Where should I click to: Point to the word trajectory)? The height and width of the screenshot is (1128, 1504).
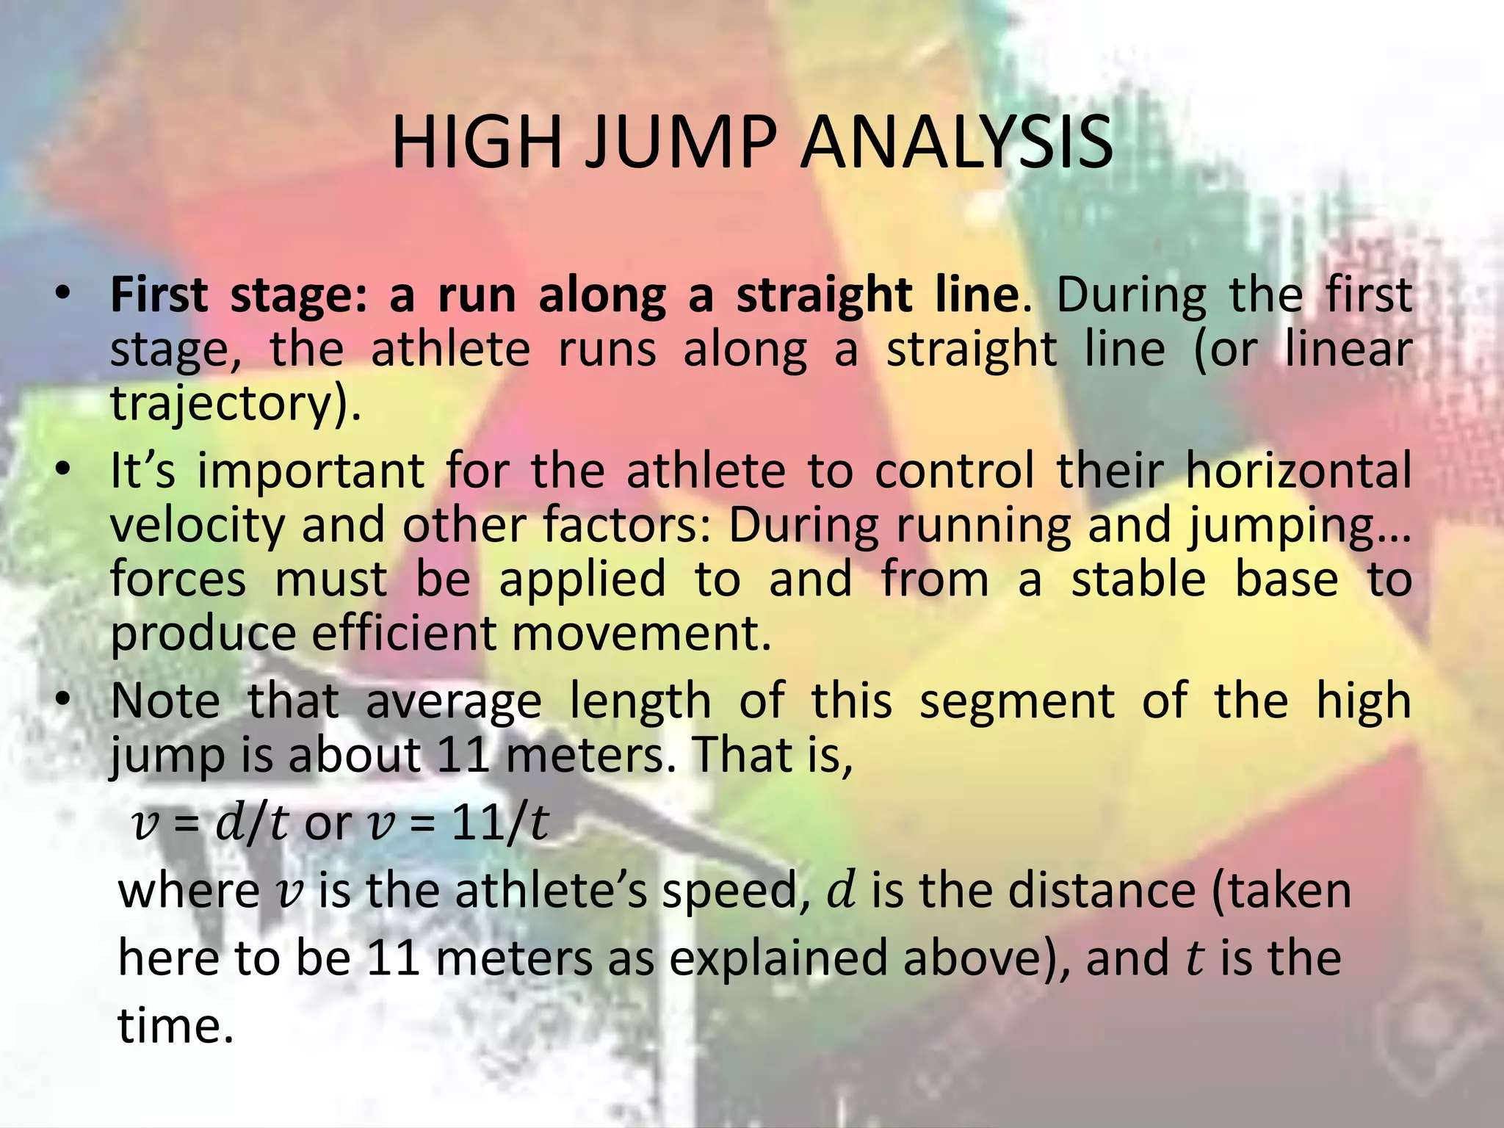[x=236, y=403]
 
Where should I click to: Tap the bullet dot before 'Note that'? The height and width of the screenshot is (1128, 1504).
[x=65, y=700]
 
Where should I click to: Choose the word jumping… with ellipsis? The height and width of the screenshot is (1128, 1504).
[x=1300, y=527]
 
